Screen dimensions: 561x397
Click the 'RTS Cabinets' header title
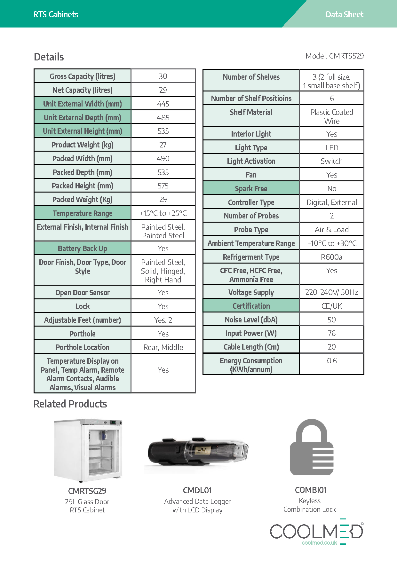[x=56, y=14]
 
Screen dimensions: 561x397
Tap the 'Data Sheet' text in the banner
[x=344, y=14]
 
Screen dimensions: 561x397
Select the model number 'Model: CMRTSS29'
[x=334, y=56]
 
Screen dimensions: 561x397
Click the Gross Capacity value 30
[x=163, y=76]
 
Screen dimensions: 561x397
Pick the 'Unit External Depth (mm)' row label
[x=82, y=117]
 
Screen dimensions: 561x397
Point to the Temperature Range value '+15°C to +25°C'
[x=163, y=213]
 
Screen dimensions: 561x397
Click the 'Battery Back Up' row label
[x=82, y=248]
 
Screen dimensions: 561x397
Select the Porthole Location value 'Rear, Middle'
[x=163, y=347]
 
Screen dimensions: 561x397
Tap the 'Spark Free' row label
[x=251, y=188]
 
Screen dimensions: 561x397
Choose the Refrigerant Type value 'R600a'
[x=331, y=257]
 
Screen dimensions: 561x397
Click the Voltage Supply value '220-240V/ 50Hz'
[x=331, y=292]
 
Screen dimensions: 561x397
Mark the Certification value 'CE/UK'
[x=331, y=306]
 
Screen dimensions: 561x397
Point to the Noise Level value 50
[x=331, y=320]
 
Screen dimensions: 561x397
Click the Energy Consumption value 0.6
[x=331, y=360]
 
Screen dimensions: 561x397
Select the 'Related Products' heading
[x=70, y=404]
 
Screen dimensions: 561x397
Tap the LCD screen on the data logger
[x=202, y=450]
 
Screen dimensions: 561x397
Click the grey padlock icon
[x=312, y=447]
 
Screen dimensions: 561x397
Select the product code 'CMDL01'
[x=197, y=490]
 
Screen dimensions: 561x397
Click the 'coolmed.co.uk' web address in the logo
[x=319, y=542]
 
